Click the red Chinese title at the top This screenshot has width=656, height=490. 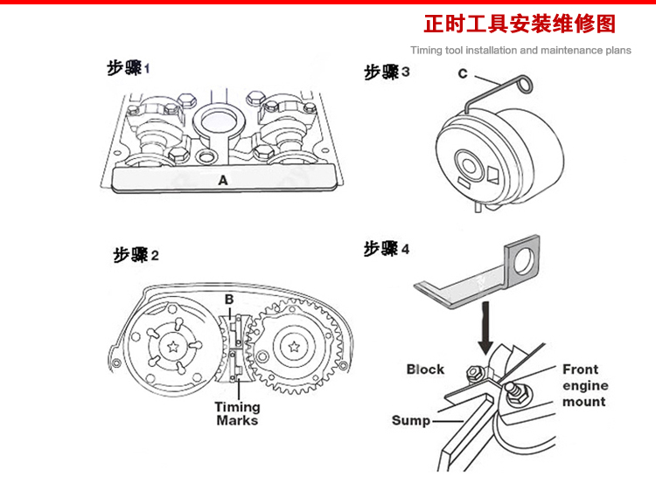[520, 23]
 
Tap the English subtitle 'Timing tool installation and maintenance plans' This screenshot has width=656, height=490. [520, 51]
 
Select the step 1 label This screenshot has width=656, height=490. [129, 67]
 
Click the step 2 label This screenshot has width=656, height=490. [136, 255]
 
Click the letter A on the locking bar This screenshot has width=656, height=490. [222, 181]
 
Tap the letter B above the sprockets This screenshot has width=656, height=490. [228, 300]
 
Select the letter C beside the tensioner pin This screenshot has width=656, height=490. [464, 74]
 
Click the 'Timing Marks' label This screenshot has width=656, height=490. [237, 413]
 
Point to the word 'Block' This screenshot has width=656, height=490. [425, 369]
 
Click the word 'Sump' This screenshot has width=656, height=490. [411, 421]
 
